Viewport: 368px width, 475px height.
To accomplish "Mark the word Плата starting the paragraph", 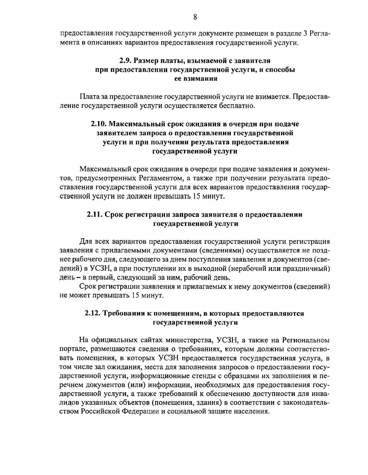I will [x=89, y=97].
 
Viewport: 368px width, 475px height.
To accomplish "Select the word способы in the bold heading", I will [x=279, y=70].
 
